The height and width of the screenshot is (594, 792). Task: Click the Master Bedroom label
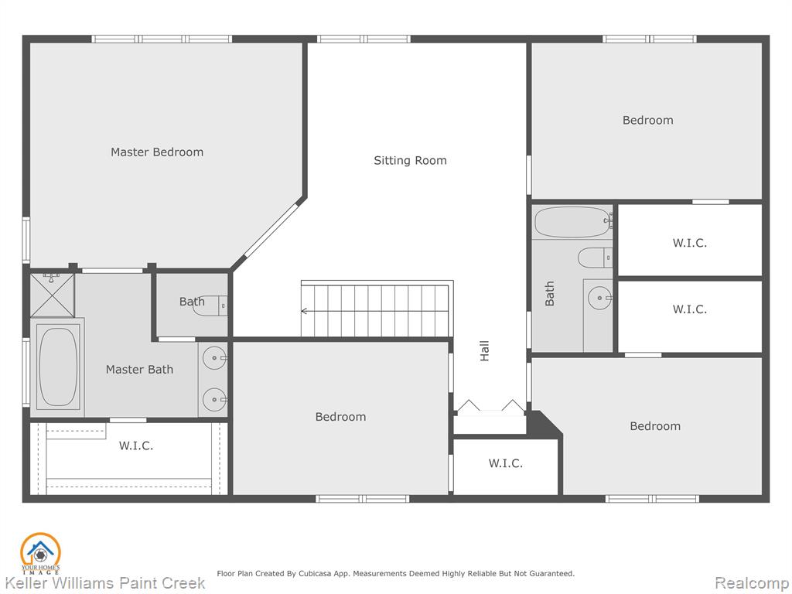[157, 152]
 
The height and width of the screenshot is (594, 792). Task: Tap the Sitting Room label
[410, 161]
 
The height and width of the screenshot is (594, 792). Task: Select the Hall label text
[484, 350]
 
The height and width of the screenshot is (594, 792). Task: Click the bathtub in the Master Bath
[58, 367]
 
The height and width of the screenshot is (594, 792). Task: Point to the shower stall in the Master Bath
[52, 295]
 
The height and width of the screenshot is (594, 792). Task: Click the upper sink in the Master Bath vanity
[215, 357]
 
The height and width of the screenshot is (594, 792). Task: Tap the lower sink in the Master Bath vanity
[215, 400]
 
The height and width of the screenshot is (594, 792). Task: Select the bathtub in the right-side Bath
[573, 222]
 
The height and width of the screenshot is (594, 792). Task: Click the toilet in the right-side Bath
[595, 258]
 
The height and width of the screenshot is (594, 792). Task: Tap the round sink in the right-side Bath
[600, 298]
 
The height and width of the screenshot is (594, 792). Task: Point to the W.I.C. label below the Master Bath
[136, 445]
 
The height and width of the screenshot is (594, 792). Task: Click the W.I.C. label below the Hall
[506, 463]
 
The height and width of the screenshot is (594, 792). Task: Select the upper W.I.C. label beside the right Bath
[689, 243]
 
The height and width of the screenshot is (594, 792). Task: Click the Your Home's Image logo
[40, 553]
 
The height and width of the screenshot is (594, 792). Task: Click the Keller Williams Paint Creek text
[105, 583]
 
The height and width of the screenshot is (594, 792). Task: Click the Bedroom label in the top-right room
[647, 120]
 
